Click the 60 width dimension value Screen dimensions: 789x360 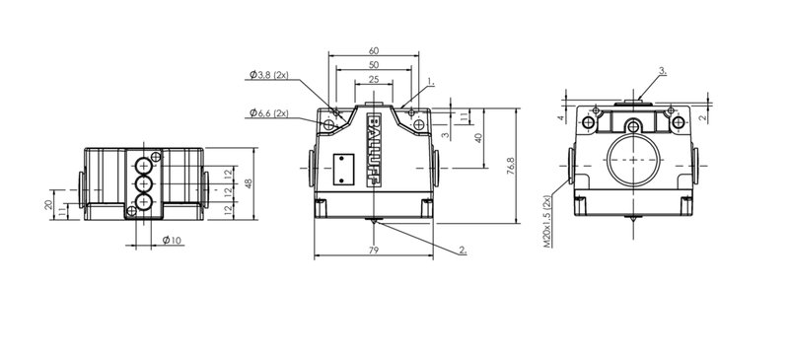coord(374,51)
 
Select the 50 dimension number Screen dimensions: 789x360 coord(374,65)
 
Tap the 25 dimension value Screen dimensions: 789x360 coord(374,80)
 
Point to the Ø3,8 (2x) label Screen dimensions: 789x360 coord(269,75)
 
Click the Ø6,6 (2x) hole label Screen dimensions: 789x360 coord(269,113)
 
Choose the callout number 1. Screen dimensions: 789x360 coord(431,81)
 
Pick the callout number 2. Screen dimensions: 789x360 coord(463,250)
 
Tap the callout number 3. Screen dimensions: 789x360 coord(663,71)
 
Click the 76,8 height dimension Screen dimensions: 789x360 coord(511,166)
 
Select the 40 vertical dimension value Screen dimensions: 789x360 coord(479,137)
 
